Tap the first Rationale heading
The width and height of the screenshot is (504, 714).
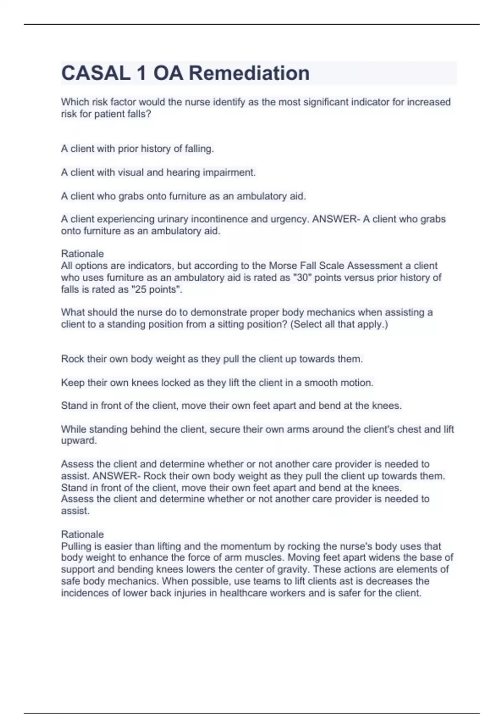[82, 254]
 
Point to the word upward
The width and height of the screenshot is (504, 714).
[79, 441]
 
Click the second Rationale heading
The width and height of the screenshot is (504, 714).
[82, 534]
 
